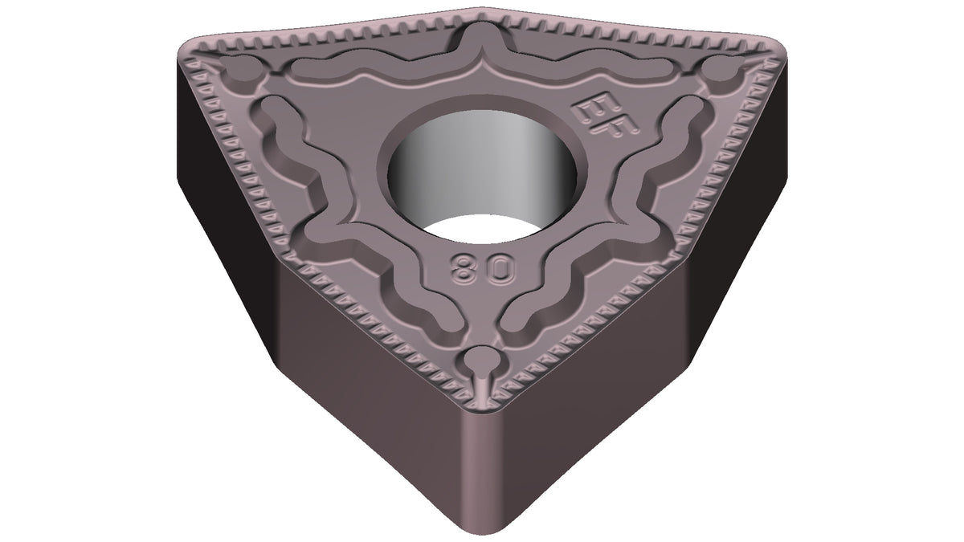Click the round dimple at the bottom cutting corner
click(483, 360)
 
